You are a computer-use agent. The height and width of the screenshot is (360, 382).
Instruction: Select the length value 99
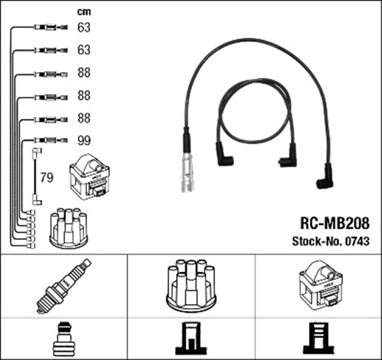(84, 141)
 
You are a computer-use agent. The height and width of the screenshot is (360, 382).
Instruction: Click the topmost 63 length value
(84, 27)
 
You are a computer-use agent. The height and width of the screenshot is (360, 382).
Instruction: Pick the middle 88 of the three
(84, 96)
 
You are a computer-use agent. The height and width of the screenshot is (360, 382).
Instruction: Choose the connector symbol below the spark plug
(63, 339)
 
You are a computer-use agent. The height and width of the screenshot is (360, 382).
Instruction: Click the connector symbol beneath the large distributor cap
(191, 339)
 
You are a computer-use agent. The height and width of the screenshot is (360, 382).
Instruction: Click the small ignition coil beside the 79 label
(90, 176)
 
